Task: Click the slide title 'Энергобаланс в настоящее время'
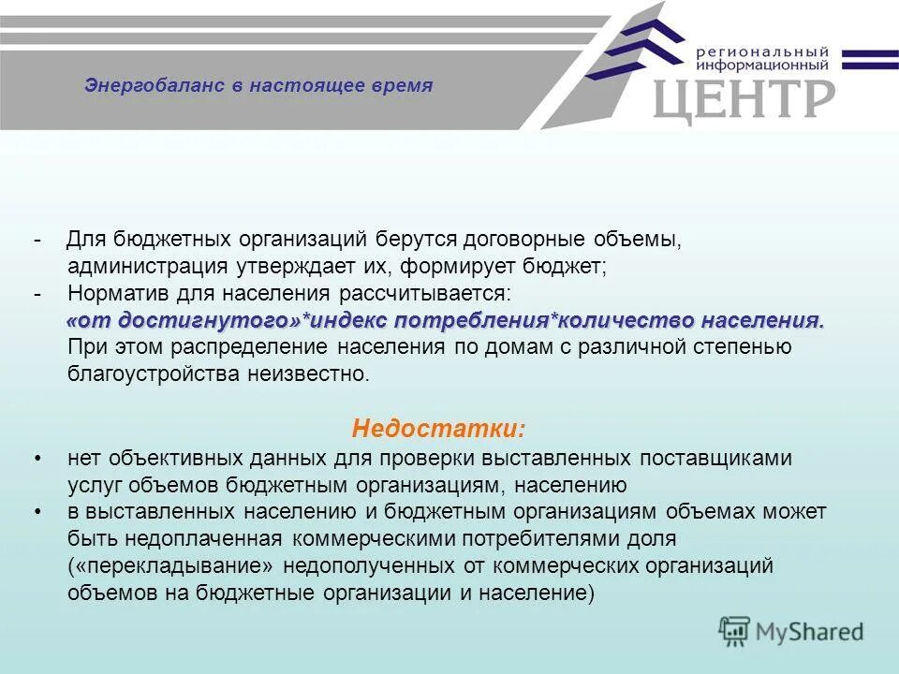[x=258, y=86]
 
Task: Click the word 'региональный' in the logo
[x=762, y=51]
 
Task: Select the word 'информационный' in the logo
[x=762, y=66]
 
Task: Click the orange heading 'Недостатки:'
[x=438, y=430]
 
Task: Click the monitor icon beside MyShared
[x=735, y=631]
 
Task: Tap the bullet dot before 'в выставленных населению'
[x=37, y=512]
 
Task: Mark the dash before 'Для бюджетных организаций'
[x=37, y=240]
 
